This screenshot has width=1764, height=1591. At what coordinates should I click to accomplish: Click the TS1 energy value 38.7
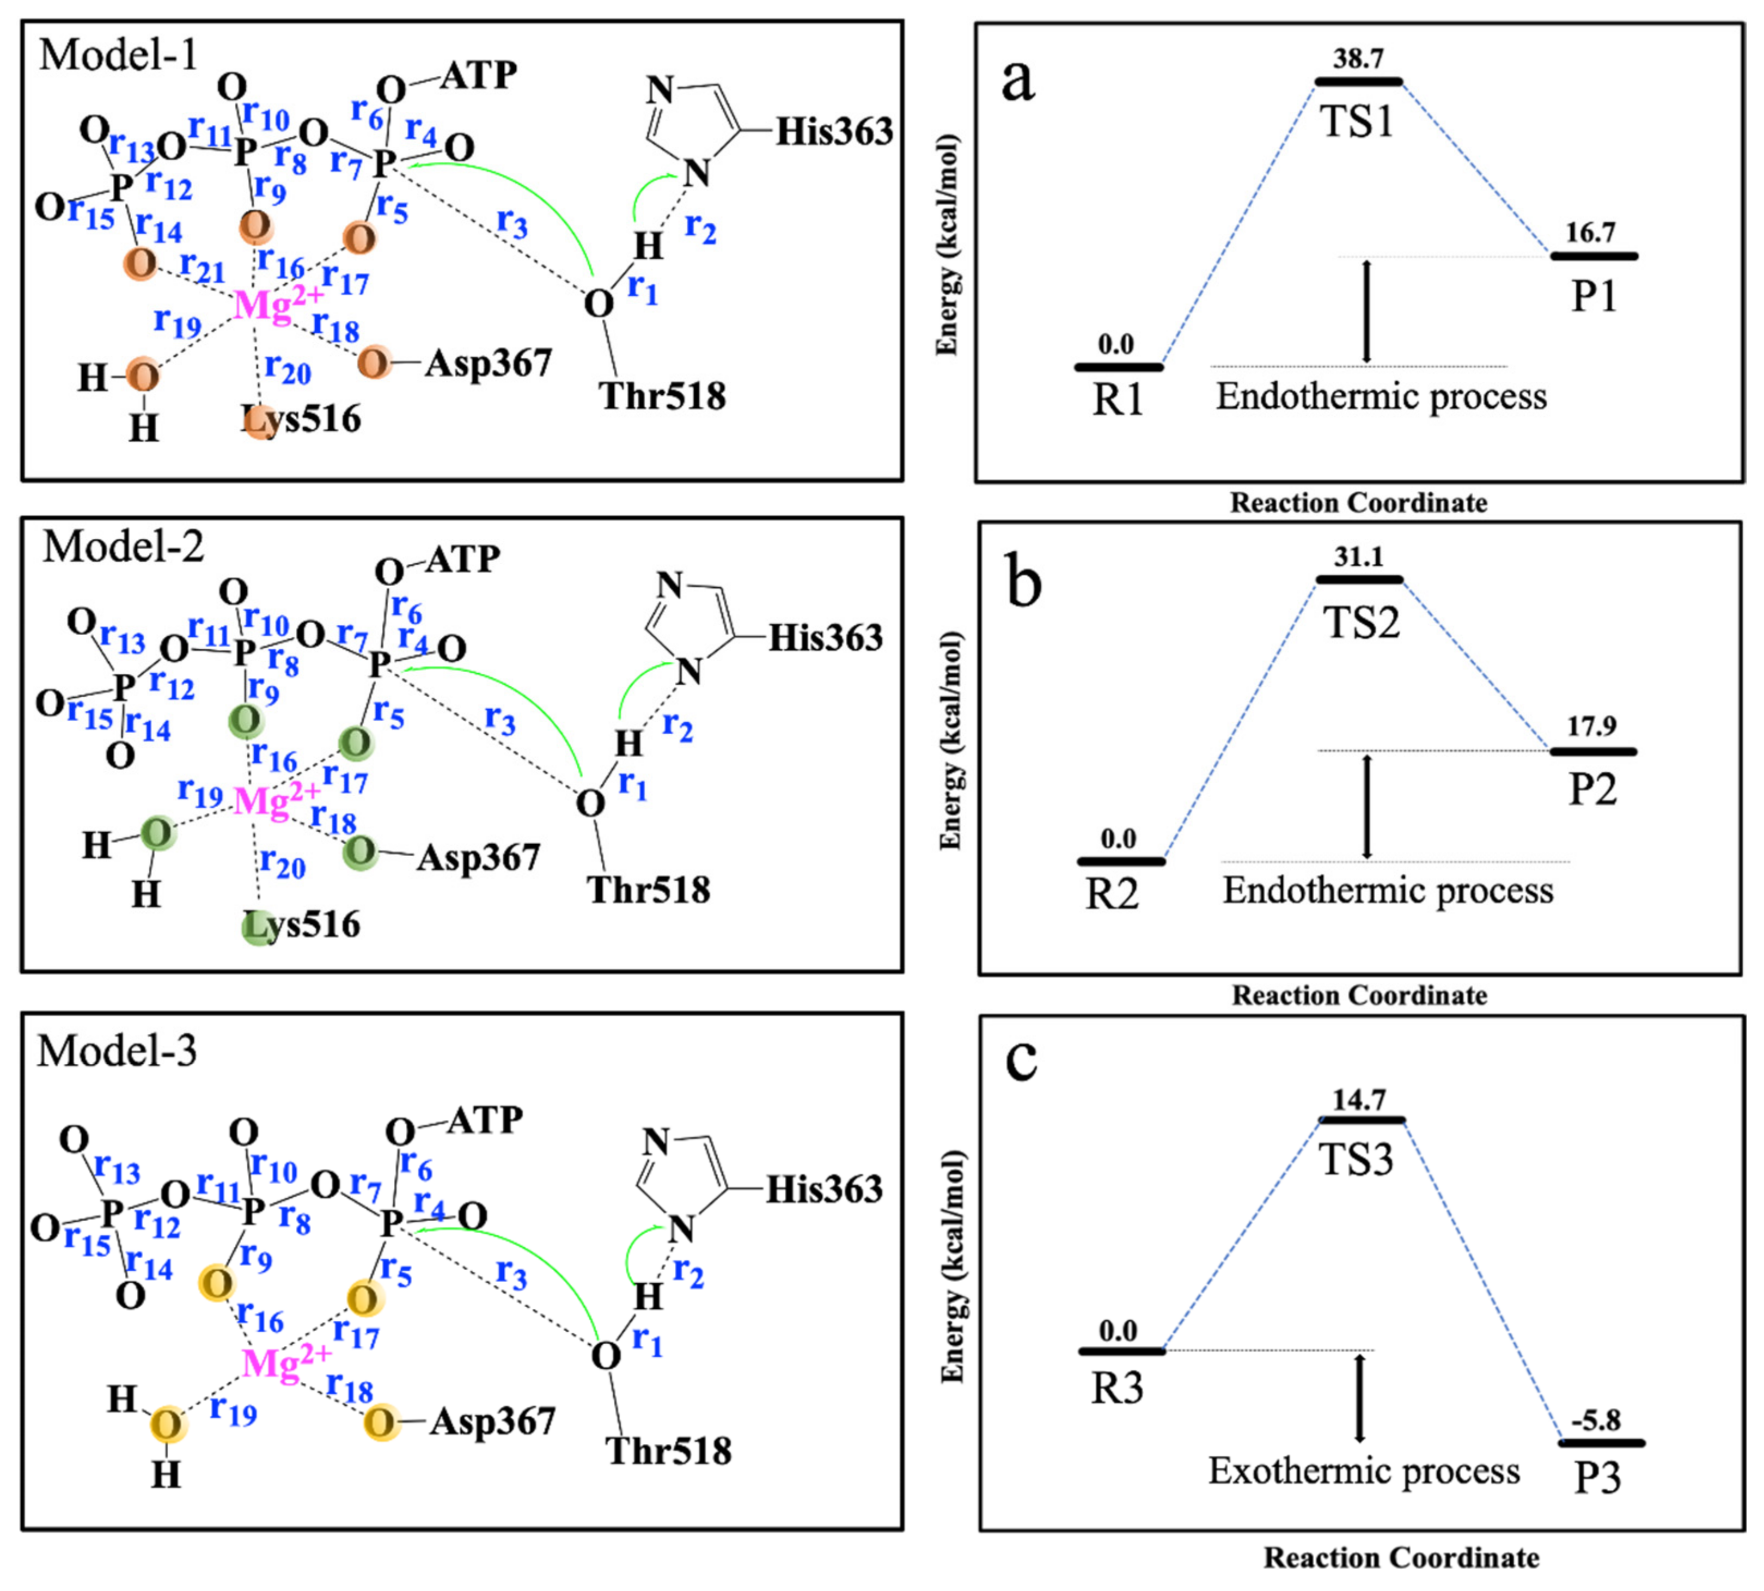pyautogui.click(x=1358, y=59)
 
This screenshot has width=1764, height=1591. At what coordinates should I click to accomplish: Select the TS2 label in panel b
pyautogui.click(x=1360, y=623)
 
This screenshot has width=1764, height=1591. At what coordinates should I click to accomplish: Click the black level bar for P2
pyautogui.click(x=1592, y=751)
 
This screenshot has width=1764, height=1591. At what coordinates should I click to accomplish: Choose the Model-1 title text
pyautogui.click(x=119, y=54)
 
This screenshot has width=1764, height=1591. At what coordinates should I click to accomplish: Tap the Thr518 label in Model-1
pyautogui.click(x=662, y=396)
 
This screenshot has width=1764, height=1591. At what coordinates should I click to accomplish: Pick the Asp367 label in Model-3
pyautogui.click(x=492, y=1422)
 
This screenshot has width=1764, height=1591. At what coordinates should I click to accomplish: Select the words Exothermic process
pyautogui.click(x=1364, y=1471)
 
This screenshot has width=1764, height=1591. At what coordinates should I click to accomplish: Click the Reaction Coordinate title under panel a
pyautogui.click(x=1358, y=503)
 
